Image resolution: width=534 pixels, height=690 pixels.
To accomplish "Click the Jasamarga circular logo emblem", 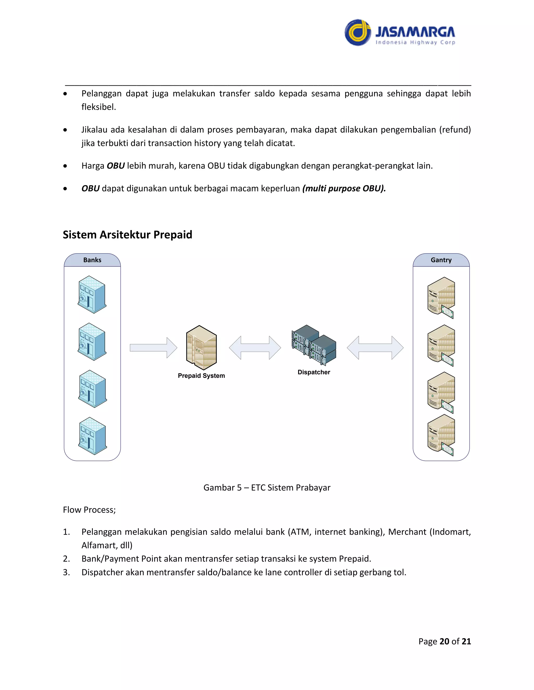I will tap(357, 33).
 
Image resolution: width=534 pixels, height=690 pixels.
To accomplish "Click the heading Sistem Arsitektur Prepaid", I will tap(127, 235).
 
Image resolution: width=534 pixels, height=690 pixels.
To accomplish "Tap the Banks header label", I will tap(92, 260).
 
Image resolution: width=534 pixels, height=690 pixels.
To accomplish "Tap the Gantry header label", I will tap(441, 260).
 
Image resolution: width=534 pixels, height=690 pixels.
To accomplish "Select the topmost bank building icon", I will tap(92, 294).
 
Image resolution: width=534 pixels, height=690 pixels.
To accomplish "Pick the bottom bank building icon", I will tap(92, 436).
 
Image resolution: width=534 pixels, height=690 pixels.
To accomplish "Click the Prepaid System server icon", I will tap(202, 348).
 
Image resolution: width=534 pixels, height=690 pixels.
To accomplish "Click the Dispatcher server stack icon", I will tap(314, 345).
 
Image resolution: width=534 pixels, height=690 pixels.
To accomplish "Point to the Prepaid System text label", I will tap(201, 376).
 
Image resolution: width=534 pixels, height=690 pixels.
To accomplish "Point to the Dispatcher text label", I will tap(314, 372).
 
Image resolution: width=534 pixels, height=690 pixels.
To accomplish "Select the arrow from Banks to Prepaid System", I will tap(153, 348).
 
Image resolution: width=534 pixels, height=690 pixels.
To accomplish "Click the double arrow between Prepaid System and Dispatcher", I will tap(255, 348).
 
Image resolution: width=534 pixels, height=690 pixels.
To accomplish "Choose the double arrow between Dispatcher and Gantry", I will tap(375, 348).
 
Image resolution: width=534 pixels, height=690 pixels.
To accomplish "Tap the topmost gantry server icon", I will tap(441, 297).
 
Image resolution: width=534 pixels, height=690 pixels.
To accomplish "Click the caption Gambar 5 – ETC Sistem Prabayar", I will tap(267, 487).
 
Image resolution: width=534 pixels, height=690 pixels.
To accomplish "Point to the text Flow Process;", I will tap(89, 510).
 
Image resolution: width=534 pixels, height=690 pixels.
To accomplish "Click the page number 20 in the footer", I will tap(444, 641).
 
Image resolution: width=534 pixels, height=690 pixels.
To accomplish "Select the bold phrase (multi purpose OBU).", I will tap(344, 189).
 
